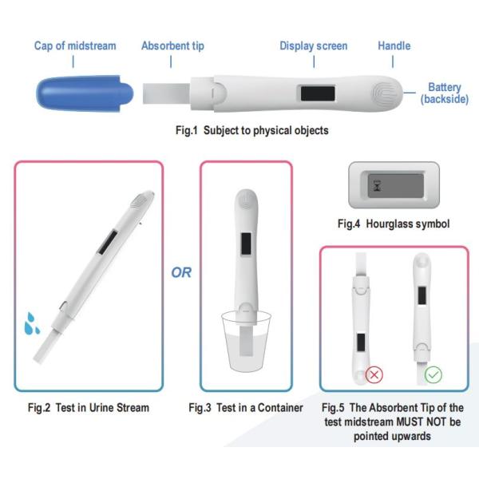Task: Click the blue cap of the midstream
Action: [x=85, y=93]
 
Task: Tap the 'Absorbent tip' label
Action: [x=172, y=46]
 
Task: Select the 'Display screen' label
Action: [x=314, y=46]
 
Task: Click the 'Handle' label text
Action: [x=394, y=46]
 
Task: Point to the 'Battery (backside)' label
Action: [x=445, y=93]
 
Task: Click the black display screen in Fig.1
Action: [x=318, y=93]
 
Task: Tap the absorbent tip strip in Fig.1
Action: [x=167, y=93]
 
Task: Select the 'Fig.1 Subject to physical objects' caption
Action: [x=252, y=130]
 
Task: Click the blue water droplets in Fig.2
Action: [x=31, y=324]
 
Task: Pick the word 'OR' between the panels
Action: [x=181, y=272]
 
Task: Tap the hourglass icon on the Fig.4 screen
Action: [x=378, y=186]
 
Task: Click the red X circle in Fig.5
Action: [x=374, y=374]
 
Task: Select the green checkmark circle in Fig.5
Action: [x=433, y=374]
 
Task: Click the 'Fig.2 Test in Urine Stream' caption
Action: [x=89, y=408]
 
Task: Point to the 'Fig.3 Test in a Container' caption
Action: [x=246, y=408]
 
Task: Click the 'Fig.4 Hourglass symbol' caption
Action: [x=394, y=224]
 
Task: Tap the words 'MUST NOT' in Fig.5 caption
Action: [x=418, y=422]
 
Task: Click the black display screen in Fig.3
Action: [x=246, y=243]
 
